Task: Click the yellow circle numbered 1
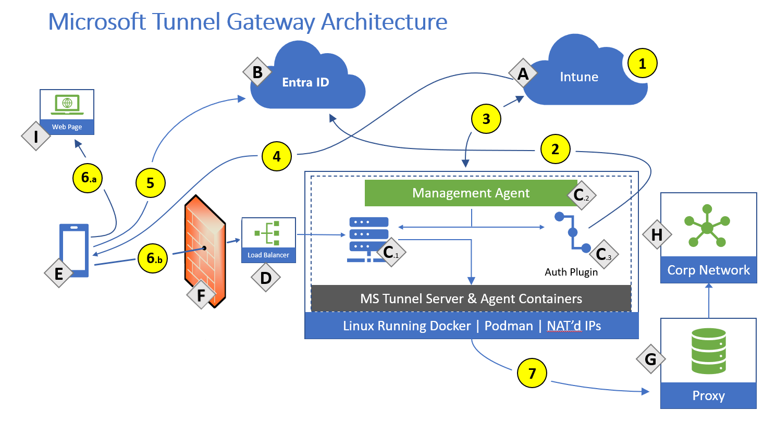(642, 64)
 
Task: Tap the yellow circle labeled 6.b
(153, 258)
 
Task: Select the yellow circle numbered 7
(532, 373)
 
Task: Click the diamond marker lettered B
(257, 72)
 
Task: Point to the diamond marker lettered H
(657, 234)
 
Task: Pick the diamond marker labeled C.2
(581, 195)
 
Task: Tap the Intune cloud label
(578, 77)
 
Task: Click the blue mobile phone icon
(75, 249)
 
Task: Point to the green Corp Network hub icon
(707, 227)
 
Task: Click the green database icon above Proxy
(708, 351)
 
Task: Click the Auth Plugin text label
(571, 272)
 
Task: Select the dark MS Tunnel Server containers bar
(471, 299)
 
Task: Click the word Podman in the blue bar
(509, 326)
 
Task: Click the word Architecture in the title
(384, 22)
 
